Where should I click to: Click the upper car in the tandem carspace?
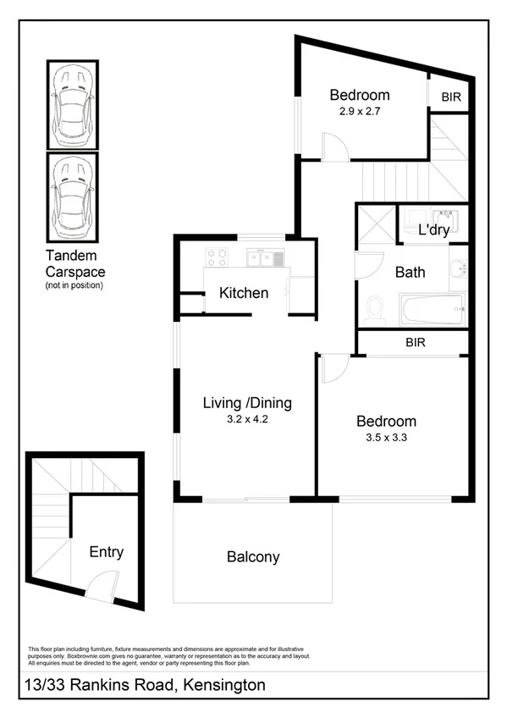point(72,103)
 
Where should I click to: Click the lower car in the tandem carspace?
point(72,197)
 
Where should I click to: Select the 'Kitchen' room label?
point(244,294)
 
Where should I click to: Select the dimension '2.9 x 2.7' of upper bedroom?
point(360,110)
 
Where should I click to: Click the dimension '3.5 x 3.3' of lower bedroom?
point(386,437)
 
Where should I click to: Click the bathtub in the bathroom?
point(433,309)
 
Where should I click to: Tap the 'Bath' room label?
point(410,273)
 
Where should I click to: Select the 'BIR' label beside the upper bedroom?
point(451,97)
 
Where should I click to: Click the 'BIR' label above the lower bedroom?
point(415,342)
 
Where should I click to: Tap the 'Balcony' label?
point(253,557)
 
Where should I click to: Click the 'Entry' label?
point(107,552)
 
